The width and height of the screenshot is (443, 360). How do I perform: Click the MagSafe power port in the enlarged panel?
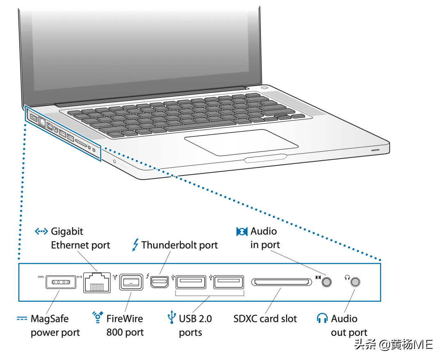pyautogui.click(x=61, y=282)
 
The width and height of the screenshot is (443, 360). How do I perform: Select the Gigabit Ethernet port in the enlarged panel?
pyautogui.click(x=97, y=283)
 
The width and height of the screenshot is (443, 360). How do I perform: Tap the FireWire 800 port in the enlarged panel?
pyautogui.click(x=131, y=282)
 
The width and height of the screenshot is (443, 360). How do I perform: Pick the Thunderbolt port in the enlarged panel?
pyautogui.click(x=159, y=282)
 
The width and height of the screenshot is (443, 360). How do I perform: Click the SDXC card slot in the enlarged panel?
pyautogui.click(x=282, y=282)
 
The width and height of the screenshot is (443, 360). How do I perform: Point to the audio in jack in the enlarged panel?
pyautogui.click(x=327, y=282)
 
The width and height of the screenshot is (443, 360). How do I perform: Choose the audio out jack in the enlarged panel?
pyautogui.click(x=355, y=282)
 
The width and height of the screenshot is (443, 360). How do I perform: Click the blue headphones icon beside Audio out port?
pyautogui.click(x=322, y=318)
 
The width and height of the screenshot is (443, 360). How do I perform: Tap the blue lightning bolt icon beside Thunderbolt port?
pyautogui.click(x=136, y=245)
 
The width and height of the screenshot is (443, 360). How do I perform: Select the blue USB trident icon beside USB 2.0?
pyautogui.click(x=171, y=317)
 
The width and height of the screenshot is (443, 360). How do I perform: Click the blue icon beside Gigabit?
pyautogui.click(x=41, y=232)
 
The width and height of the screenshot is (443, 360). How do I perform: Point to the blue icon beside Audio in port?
pyautogui.click(x=242, y=232)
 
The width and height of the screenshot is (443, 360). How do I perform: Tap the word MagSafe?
pyautogui.click(x=50, y=319)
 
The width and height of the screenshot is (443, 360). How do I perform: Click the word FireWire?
pyautogui.click(x=125, y=319)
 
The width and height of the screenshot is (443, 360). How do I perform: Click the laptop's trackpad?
pyautogui.click(x=241, y=143)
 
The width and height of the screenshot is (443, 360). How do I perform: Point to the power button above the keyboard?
pyautogui.click(x=265, y=87)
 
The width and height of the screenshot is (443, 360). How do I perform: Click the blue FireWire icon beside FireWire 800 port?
pyautogui.click(x=98, y=317)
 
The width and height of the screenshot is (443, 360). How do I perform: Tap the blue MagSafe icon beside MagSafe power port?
pyautogui.click(x=22, y=319)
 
